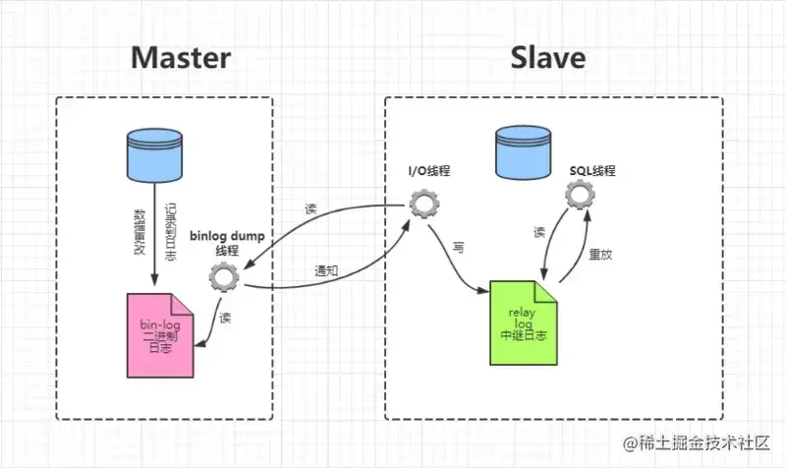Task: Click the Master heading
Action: coord(182,56)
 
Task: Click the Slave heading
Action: coord(547,56)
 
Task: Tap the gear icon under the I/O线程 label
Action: coord(423,205)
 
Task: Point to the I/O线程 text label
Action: coord(429,171)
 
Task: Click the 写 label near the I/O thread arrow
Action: coord(458,248)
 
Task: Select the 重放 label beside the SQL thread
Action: coord(597,252)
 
